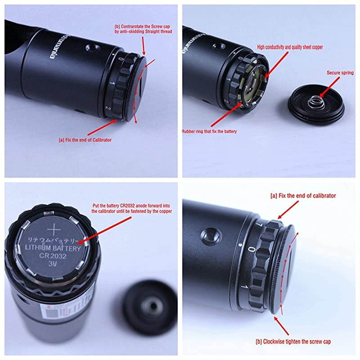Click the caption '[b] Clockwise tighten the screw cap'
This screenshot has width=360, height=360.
pyautogui.click(x=293, y=342)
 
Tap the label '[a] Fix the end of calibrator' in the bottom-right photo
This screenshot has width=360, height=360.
pyautogui.click(x=303, y=196)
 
